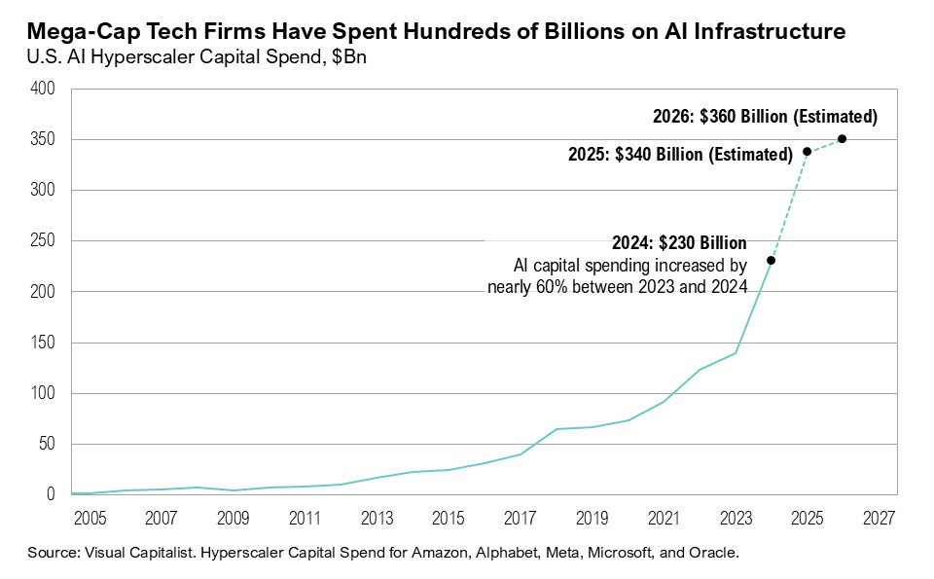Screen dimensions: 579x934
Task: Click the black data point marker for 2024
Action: click(771, 260)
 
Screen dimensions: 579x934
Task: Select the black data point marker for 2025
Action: click(807, 152)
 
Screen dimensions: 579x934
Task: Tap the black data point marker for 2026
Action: click(842, 138)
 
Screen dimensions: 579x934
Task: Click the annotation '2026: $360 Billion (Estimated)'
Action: click(765, 118)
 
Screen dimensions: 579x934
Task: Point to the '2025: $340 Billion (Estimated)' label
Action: click(680, 154)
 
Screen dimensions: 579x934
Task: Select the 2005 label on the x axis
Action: click(90, 516)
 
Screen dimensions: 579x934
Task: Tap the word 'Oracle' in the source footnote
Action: click(716, 553)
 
